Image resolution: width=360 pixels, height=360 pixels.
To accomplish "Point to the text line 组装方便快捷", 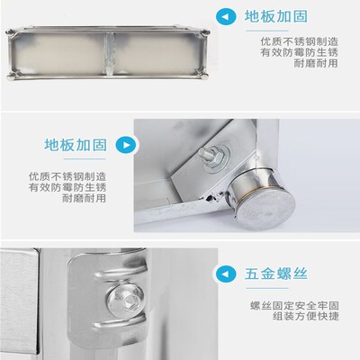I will (x=303, y=318).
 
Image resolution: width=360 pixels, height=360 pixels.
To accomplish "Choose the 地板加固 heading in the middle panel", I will (x=77, y=144).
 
